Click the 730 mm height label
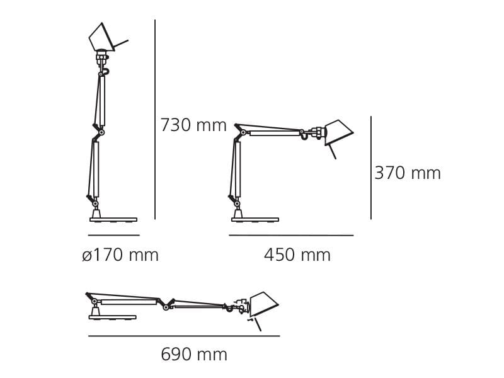click(193, 125)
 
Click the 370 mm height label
click(408, 173)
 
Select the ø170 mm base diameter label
click(120, 255)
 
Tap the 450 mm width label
click(297, 255)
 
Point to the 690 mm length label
click(193, 355)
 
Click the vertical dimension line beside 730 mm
click(155, 120)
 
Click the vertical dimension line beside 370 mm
click(371, 168)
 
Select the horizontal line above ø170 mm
click(113, 236)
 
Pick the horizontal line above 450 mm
click(291, 236)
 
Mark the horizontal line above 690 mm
click(183, 336)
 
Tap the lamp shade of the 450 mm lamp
click(338, 131)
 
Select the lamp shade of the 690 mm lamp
click(263, 303)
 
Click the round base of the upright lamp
click(113, 219)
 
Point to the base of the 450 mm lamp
click(255, 219)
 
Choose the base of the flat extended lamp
click(112, 317)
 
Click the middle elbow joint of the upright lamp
click(101, 132)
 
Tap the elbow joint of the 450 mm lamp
click(243, 132)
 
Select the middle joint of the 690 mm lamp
click(166, 307)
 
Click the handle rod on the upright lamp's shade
click(120, 45)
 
